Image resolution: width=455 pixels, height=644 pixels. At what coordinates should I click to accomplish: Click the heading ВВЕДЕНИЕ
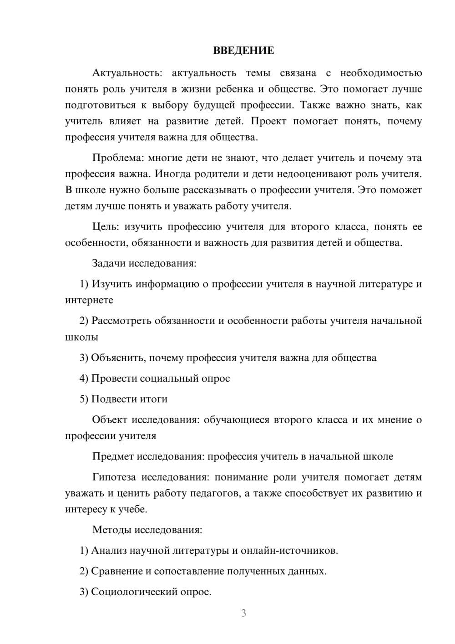243,51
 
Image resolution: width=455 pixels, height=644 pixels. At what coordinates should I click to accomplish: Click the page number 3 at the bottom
243,613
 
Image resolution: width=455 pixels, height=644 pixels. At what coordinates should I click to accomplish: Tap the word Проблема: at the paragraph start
118,158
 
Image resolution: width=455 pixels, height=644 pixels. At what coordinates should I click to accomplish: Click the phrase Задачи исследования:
144,263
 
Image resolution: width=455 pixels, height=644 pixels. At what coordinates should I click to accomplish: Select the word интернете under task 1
89,300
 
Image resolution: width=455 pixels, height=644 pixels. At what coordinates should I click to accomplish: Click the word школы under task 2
81,337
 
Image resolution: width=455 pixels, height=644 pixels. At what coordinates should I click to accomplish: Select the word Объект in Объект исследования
110,420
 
